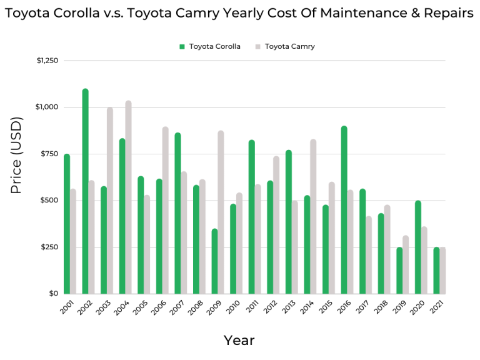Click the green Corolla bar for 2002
click(85, 191)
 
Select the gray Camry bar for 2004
click(128, 197)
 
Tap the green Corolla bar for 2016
click(344, 210)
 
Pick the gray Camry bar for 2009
click(221, 212)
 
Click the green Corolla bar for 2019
click(399, 271)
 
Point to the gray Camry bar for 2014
click(313, 216)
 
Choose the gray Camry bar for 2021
click(442, 271)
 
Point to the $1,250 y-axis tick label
click(47, 61)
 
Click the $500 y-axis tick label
click(49, 201)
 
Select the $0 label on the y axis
click(54, 294)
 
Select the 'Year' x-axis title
click(239, 341)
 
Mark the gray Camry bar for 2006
click(165, 210)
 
